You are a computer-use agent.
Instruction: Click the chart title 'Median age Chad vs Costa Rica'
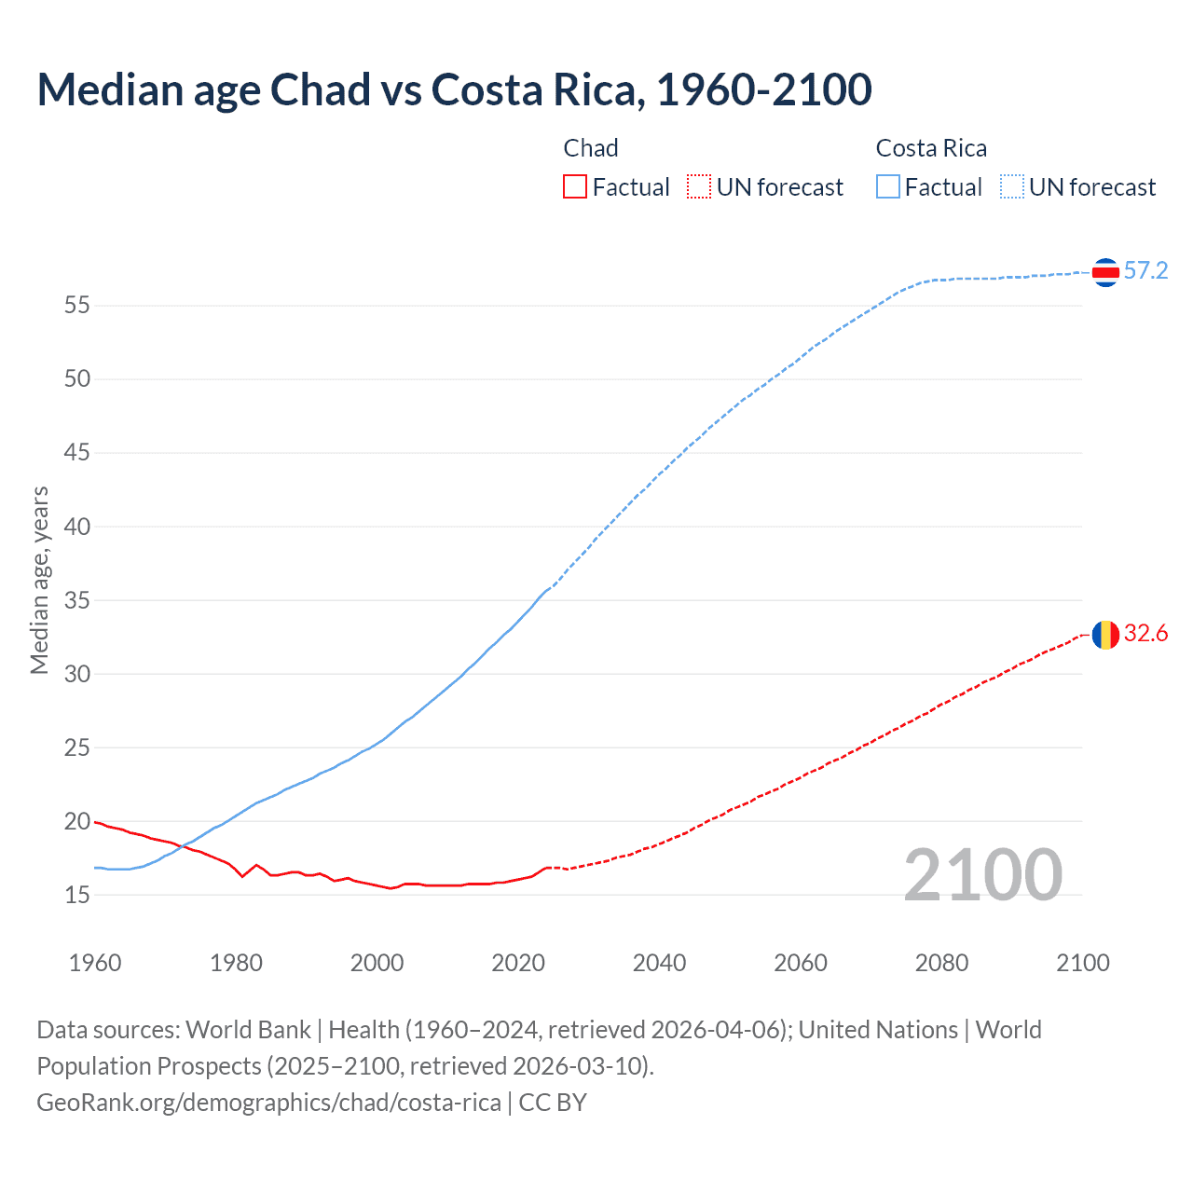pos(454,90)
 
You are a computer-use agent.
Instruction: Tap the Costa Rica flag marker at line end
pos(1105,272)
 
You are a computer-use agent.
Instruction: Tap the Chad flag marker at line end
pos(1105,635)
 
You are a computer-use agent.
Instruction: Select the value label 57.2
pos(1145,271)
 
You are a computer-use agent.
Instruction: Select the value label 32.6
pos(1145,634)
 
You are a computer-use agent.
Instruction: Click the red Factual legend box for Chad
pos(575,187)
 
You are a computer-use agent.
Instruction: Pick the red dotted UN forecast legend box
pos(699,187)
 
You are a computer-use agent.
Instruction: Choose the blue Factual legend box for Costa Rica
pos(887,187)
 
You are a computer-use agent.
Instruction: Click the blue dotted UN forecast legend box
pos(1011,187)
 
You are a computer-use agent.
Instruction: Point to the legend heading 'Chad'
pos(591,148)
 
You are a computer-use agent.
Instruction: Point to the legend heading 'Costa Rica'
pos(931,148)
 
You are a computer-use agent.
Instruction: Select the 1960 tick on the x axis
pos(95,963)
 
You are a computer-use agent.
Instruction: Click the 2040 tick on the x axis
pos(659,963)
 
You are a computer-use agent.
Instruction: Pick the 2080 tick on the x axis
pos(941,963)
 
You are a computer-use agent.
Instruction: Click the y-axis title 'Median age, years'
pos(39,580)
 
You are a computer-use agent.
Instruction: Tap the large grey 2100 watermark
pos(982,875)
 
